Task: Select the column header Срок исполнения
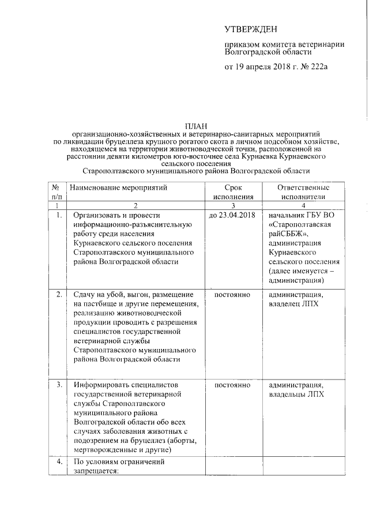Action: click(x=233, y=193)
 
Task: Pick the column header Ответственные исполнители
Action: click(x=303, y=193)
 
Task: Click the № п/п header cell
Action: click(x=57, y=193)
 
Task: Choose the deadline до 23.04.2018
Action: click(x=232, y=215)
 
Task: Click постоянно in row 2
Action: click(x=232, y=294)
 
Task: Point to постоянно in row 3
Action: click(x=232, y=385)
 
